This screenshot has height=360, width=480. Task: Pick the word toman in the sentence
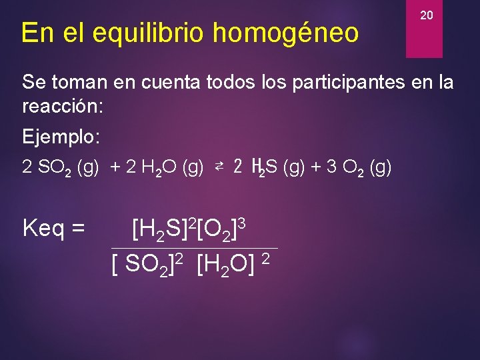point(81,83)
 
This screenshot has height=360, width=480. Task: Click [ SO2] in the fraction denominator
point(143,265)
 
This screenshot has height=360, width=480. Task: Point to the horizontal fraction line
point(194,248)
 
